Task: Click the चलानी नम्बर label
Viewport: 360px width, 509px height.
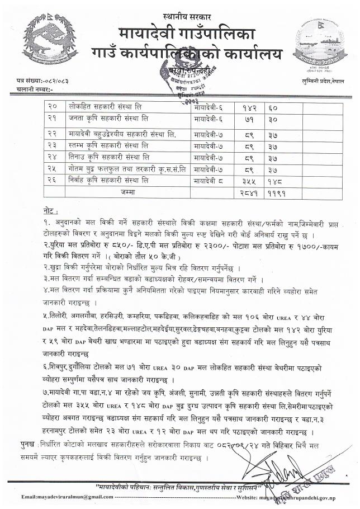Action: point(35,89)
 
